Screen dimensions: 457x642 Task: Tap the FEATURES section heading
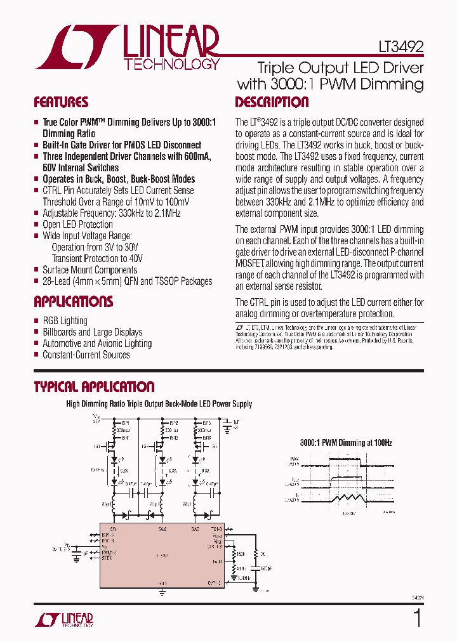pos(60,103)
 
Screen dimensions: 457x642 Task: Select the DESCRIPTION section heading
pos(272,103)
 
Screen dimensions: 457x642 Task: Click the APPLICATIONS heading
pos(73,302)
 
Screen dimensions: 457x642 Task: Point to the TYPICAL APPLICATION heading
pos(94,387)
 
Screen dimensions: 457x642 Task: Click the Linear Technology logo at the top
pos(128,48)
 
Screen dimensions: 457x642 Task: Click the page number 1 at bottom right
pos(417,619)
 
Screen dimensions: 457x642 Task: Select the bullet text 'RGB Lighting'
pos(65,321)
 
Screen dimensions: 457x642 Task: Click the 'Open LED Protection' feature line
pos(77,225)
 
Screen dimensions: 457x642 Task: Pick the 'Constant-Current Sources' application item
pos(86,355)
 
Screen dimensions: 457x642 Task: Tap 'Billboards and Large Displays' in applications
pos(92,332)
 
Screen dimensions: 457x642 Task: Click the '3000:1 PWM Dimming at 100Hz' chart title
pos(346,442)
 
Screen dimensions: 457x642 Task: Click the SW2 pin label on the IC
pos(162,528)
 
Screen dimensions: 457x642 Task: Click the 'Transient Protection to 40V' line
pos(97,259)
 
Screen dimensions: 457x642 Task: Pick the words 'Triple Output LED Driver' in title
pos(340,68)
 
